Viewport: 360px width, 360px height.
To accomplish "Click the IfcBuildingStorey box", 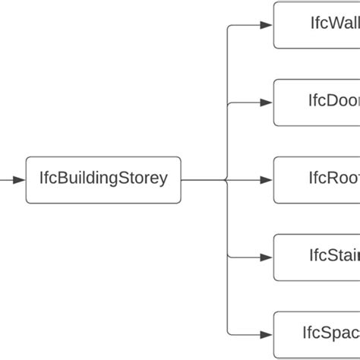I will [103, 180].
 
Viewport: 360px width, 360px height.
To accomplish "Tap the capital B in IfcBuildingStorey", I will [62, 179].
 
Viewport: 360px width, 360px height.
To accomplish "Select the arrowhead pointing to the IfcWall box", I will [265, 25].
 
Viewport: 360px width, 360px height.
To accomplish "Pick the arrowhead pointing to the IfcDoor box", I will [265, 103].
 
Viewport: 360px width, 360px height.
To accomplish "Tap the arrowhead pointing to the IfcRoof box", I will [265, 180].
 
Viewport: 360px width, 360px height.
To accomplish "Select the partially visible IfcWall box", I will [317, 25].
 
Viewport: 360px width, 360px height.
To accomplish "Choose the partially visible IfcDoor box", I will [317, 103].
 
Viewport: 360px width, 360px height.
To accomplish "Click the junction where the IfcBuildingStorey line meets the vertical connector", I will [227, 180].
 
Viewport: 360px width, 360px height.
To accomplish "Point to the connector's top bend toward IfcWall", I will [229, 27].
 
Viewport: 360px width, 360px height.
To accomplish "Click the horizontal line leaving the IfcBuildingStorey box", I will [202, 180].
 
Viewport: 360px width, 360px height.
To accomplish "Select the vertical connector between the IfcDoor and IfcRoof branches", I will [227, 141].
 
